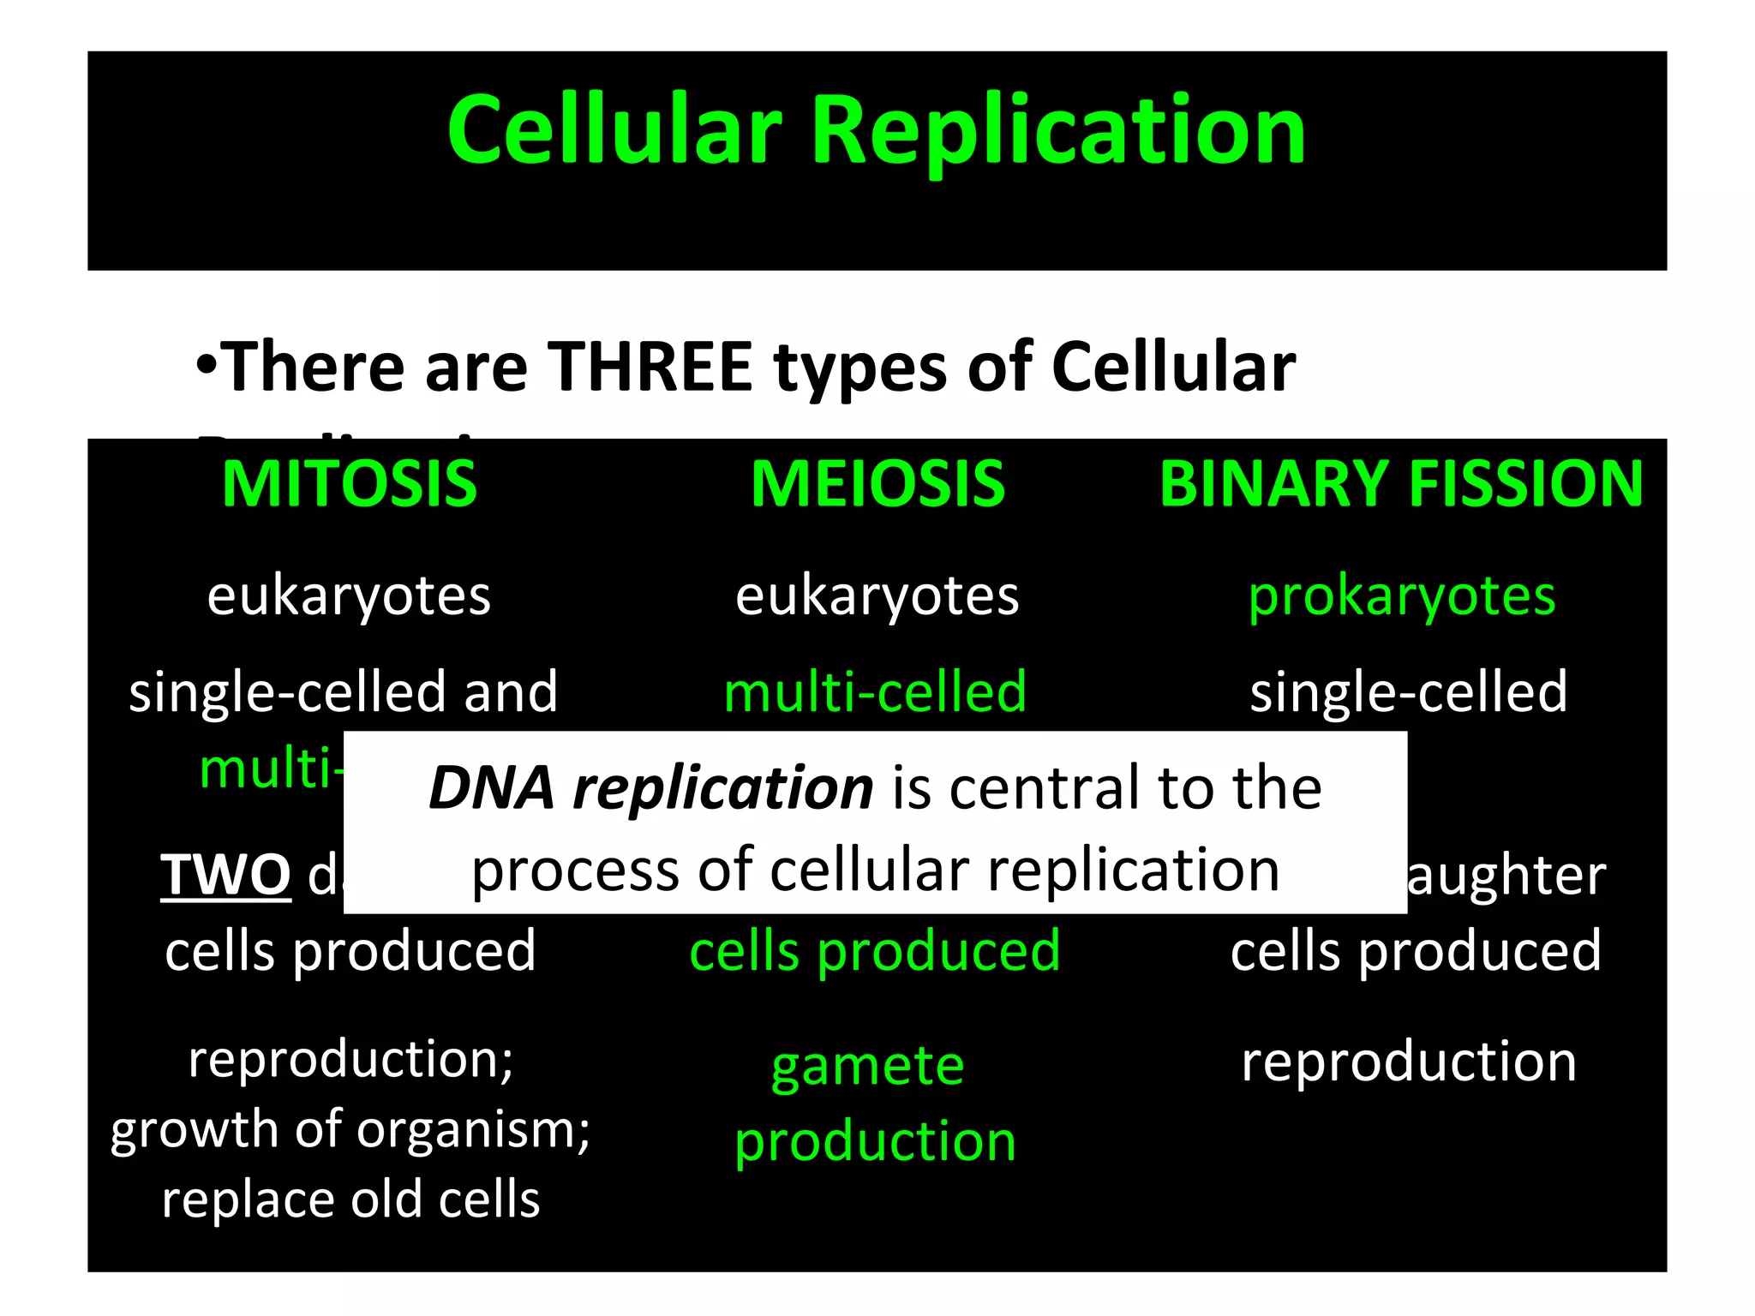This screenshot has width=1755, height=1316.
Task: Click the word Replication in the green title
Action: pyautogui.click(x=1057, y=130)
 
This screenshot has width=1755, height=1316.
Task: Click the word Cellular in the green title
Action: pyautogui.click(x=614, y=130)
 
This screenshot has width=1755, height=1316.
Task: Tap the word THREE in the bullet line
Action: pyautogui.click(x=650, y=367)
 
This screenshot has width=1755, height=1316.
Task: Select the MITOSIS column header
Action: pyautogui.click(x=350, y=484)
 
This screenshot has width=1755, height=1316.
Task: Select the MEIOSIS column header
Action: pyautogui.click(x=877, y=484)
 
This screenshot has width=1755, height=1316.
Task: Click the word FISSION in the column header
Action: pyautogui.click(x=1525, y=484)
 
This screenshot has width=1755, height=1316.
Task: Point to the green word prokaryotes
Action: pyautogui.click(x=1402, y=596)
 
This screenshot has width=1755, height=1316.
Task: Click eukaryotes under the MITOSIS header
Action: pyautogui.click(x=349, y=596)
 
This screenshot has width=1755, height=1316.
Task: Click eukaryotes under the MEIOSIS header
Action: pyautogui.click(x=877, y=596)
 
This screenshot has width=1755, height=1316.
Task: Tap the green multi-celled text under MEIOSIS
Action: pyautogui.click(x=875, y=691)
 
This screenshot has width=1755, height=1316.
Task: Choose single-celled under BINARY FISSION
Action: pyautogui.click(x=1409, y=691)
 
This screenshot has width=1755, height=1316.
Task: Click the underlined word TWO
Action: pyautogui.click(x=226, y=875)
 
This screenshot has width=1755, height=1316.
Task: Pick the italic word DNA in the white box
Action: pyautogui.click(x=491, y=787)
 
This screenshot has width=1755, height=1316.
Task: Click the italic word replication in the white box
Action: pyautogui.click(x=722, y=789)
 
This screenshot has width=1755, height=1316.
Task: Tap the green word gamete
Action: pyautogui.click(x=868, y=1068)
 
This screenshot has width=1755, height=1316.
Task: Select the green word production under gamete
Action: pyautogui.click(x=875, y=1143)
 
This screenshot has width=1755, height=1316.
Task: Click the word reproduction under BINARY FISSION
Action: pyautogui.click(x=1409, y=1062)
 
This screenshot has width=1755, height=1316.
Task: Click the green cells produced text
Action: pyautogui.click(x=875, y=952)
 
